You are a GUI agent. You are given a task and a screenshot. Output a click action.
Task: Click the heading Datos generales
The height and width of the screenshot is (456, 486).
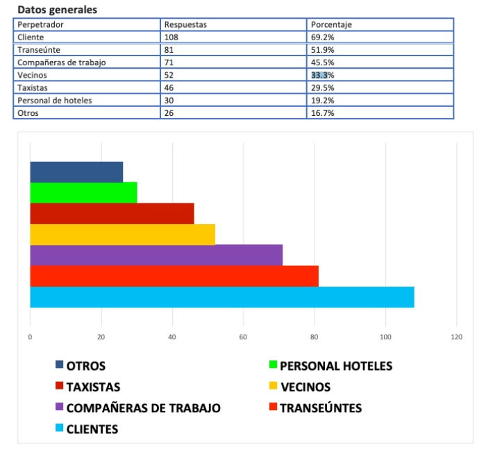(x=57, y=10)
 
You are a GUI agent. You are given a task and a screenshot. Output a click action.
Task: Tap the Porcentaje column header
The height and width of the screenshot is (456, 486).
(x=332, y=24)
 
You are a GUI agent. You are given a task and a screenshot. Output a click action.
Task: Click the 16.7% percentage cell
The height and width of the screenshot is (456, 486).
(x=323, y=112)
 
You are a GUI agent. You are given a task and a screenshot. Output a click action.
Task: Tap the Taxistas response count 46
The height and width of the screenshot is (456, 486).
(x=169, y=87)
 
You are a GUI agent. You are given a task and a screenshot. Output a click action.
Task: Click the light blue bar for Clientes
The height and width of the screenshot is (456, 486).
(x=222, y=297)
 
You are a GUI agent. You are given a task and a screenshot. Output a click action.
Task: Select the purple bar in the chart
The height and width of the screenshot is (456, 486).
(x=156, y=255)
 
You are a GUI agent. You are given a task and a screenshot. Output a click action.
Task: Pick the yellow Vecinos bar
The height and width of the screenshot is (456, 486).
(x=122, y=235)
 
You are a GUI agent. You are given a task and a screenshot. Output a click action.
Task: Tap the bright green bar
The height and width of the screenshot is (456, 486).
(x=83, y=192)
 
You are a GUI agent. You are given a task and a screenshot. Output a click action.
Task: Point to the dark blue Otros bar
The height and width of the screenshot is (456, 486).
(x=76, y=171)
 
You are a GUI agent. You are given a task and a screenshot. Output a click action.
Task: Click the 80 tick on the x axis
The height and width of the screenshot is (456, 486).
(x=315, y=337)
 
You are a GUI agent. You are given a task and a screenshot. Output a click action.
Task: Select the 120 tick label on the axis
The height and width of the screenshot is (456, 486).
(x=456, y=337)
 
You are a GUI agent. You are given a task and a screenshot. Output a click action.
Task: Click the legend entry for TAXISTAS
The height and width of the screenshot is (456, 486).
(x=93, y=387)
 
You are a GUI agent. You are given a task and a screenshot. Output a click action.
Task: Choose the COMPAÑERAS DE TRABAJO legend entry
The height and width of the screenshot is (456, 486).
(x=143, y=407)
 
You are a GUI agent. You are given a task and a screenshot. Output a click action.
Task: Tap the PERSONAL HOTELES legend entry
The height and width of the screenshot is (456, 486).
(x=335, y=365)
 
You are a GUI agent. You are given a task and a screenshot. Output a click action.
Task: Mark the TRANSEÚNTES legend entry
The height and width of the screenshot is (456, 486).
(x=320, y=407)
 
